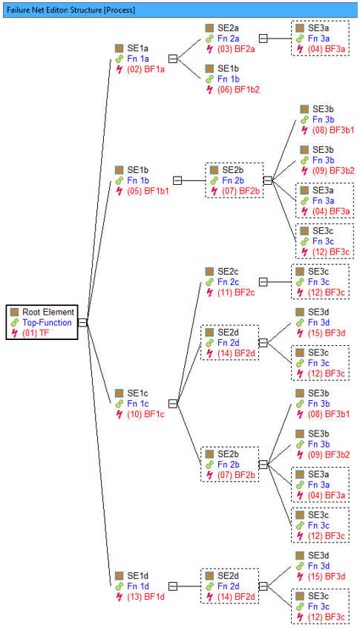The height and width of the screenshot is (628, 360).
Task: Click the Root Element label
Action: (x=48, y=312)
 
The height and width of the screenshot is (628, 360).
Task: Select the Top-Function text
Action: (x=47, y=322)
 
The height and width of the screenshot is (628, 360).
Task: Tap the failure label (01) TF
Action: (x=36, y=333)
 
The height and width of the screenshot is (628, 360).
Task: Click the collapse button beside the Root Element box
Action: (x=82, y=322)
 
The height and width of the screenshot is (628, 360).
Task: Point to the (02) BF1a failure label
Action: (x=145, y=69)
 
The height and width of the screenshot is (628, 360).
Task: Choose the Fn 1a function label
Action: (x=138, y=59)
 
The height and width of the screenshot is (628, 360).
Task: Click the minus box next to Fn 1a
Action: (x=173, y=59)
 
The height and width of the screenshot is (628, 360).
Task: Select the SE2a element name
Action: (x=229, y=28)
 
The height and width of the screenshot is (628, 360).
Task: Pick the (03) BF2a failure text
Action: (x=236, y=49)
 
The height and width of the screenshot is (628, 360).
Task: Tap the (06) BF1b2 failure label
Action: (x=239, y=90)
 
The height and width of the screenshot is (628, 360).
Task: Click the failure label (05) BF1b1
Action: (x=148, y=191)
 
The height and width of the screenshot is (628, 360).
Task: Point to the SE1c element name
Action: (x=138, y=393)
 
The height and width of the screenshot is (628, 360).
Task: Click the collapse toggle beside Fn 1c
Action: (x=173, y=404)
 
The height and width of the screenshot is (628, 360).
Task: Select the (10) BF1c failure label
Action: (x=145, y=414)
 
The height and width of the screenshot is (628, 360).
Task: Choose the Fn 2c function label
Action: (x=229, y=282)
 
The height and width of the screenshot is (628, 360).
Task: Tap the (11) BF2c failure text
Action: (x=236, y=292)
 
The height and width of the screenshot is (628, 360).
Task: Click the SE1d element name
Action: (x=138, y=576)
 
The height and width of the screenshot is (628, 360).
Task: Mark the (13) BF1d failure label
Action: (x=145, y=597)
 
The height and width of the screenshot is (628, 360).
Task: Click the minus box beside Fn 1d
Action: (x=173, y=586)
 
